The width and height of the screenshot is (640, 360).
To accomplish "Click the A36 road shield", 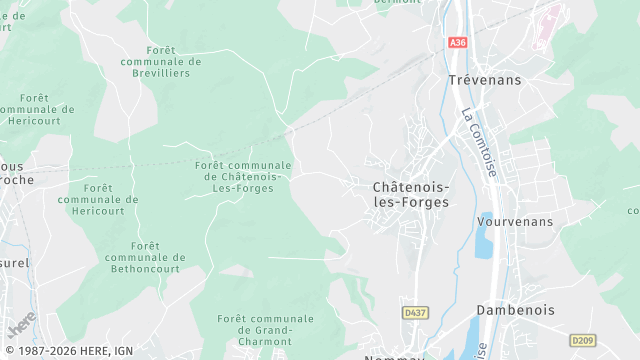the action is click(458, 43).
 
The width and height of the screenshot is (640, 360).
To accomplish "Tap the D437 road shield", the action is click(415, 313).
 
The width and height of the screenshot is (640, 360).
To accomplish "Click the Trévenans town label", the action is click(484, 80).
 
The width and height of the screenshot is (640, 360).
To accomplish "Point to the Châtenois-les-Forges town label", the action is click(410, 194).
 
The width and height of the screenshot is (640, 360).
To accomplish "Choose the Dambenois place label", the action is click(515, 310).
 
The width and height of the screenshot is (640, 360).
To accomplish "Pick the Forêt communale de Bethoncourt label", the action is click(142, 257).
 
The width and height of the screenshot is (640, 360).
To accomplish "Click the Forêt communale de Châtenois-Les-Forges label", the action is click(243, 177).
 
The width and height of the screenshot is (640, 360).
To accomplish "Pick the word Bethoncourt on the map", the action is click(142, 269).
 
